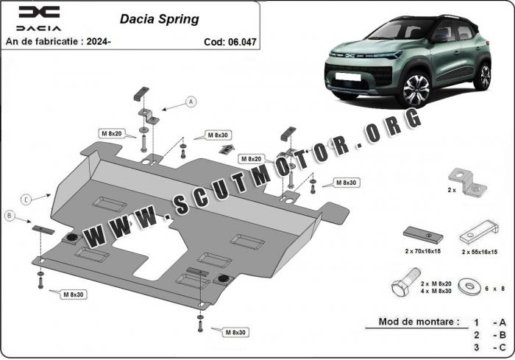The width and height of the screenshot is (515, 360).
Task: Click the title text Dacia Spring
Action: tap(159, 19)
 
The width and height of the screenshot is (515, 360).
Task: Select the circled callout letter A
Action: tap(191, 102)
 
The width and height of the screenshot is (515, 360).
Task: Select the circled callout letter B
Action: tap(10, 215)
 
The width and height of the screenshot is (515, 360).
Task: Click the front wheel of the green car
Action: tap(416, 88)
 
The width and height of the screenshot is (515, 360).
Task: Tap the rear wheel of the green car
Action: tap(482, 76)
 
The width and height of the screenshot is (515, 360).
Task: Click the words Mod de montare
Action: tap(419, 322)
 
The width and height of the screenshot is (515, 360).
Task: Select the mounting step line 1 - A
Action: tap(489, 322)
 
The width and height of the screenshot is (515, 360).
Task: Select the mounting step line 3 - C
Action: tap(489, 347)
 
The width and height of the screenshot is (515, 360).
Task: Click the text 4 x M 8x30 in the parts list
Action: tap(436, 291)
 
